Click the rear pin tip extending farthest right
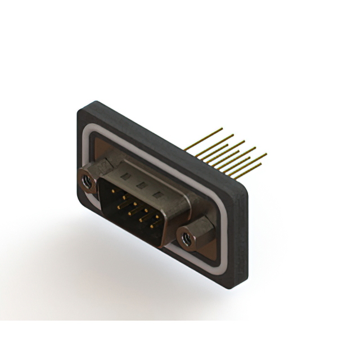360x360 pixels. pyautogui.click(x=266, y=153)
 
